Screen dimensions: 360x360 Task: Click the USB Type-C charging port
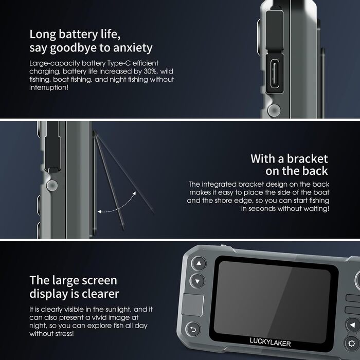(x=275, y=74)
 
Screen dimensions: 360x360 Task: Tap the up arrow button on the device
(x=199, y=263)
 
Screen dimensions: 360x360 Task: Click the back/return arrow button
(x=193, y=330)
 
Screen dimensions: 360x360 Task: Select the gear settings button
(x=352, y=344)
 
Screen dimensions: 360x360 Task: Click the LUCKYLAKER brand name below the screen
(x=270, y=342)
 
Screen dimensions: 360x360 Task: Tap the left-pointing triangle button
(x=352, y=325)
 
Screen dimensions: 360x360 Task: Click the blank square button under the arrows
(x=192, y=304)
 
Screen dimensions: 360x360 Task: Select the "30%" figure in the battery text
(x=150, y=71)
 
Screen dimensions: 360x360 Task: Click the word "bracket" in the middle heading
(x=307, y=159)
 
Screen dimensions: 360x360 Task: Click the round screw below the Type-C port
(x=274, y=110)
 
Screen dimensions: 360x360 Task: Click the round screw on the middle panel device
(x=52, y=185)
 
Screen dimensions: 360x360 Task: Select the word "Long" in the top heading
(x=43, y=35)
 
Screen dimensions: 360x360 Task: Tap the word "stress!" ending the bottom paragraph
(x=62, y=334)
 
